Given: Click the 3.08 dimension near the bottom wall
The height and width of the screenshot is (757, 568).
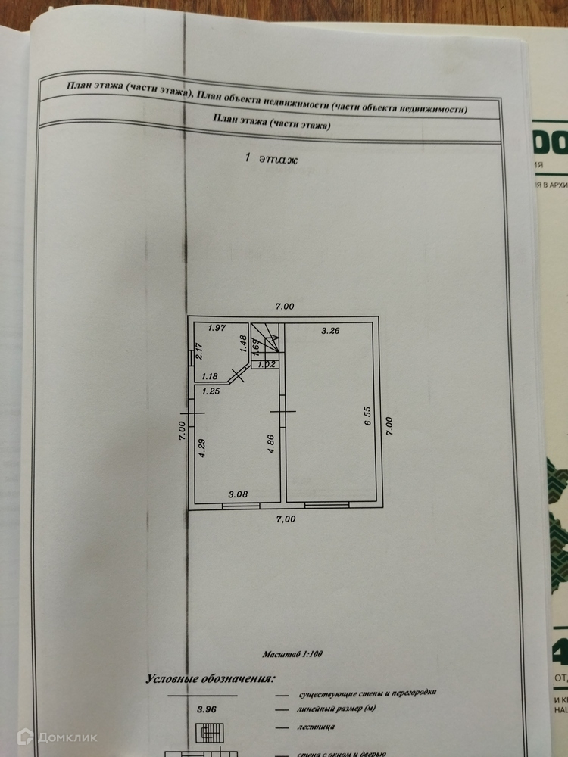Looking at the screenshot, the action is (x=237, y=494).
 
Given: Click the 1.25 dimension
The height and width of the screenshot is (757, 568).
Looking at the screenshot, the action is (x=211, y=391).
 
